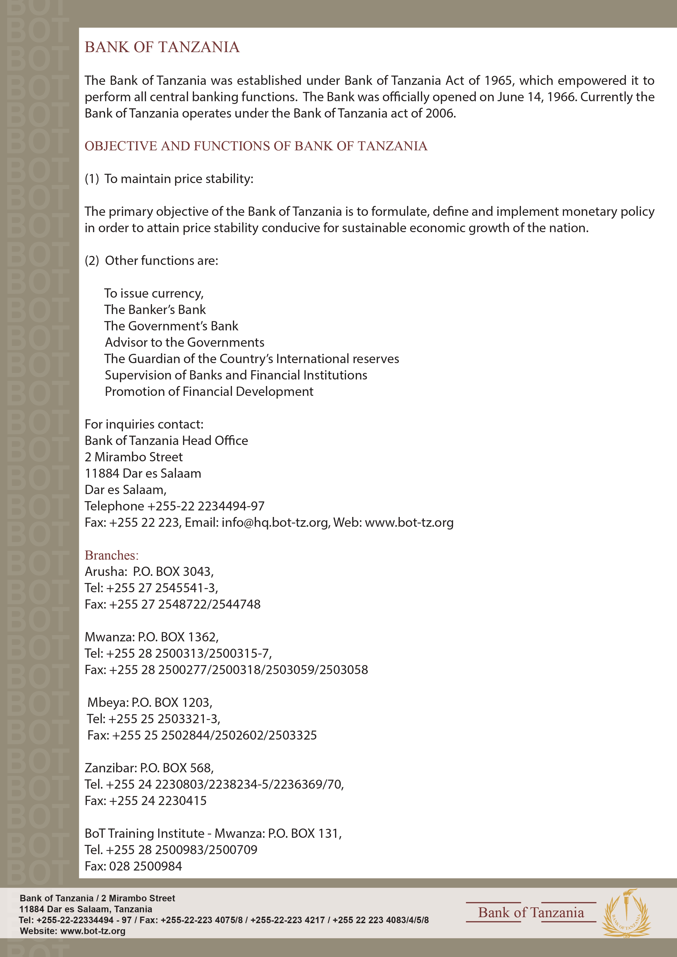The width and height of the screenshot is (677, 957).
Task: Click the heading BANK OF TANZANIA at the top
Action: pyautogui.click(x=162, y=47)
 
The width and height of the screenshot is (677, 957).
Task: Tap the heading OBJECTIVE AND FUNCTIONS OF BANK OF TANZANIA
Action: pyautogui.click(x=256, y=146)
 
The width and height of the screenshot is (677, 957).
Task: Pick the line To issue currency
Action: pyautogui.click(x=154, y=294)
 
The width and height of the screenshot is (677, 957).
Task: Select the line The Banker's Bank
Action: pyautogui.click(x=155, y=310)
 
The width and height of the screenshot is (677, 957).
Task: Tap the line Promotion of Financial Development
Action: pyautogui.click(x=209, y=392)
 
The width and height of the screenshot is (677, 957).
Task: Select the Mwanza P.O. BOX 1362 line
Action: pyautogui.click(x=151, y=637)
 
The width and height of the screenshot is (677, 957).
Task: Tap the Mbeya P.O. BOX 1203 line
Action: pyautogui.click(x=150, y=702)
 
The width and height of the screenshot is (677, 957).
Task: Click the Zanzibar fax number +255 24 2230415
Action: pyautogui.click(x=157, y=801)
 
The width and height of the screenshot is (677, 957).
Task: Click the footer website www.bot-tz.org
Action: pyautogui.click(x=93, y=931)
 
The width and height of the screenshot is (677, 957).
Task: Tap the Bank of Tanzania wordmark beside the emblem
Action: pyautogui.click(x=531, y=913)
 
